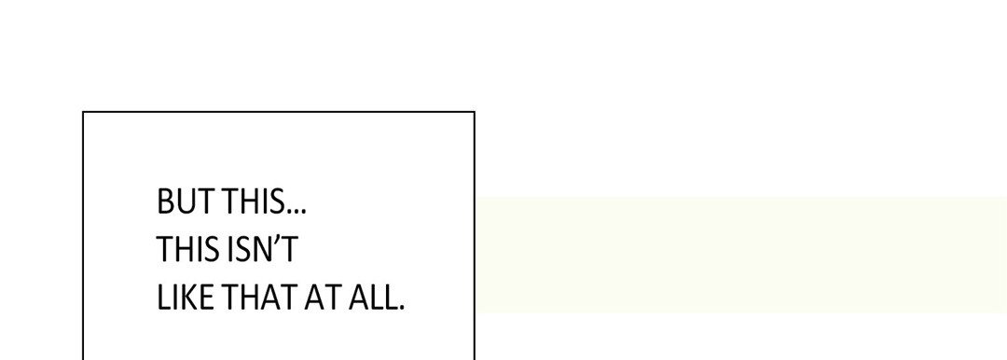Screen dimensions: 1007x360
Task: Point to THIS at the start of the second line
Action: [187, 249]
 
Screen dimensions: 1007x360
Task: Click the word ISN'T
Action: [261, 249]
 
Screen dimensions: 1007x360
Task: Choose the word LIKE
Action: [185, 297]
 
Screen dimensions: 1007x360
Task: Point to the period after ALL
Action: [401, 307]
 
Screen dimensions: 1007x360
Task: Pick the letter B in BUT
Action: [166, 201]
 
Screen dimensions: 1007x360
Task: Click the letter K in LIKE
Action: [188, 297]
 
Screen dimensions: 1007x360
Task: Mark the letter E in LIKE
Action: [206, 297]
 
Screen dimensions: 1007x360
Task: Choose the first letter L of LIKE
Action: [164, 297]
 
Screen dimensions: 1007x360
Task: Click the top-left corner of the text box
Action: [83, 112]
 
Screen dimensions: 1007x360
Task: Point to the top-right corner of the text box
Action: [475, 112]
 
